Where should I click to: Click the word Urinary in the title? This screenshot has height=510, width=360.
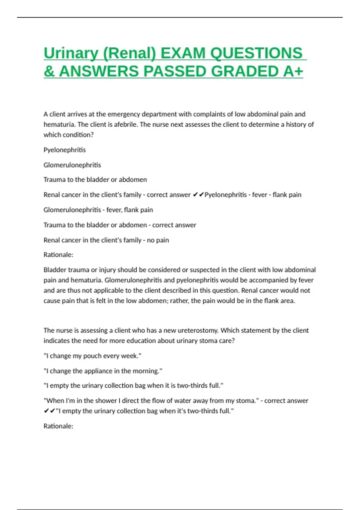click(x=71, y=53)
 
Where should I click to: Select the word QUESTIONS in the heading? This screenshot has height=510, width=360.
click(x=256, y=53)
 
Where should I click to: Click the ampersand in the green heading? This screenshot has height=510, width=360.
click(x=49, y=71)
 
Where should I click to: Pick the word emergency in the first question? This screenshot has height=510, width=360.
click(x=124, y=114)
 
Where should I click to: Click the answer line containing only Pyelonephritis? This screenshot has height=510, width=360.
click(x=64, y=150)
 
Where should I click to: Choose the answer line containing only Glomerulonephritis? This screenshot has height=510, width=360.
click(x=72, y=165)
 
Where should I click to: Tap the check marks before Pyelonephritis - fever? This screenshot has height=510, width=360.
click(x=198, y=195)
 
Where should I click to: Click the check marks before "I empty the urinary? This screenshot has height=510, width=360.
click(x=49, y=411)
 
